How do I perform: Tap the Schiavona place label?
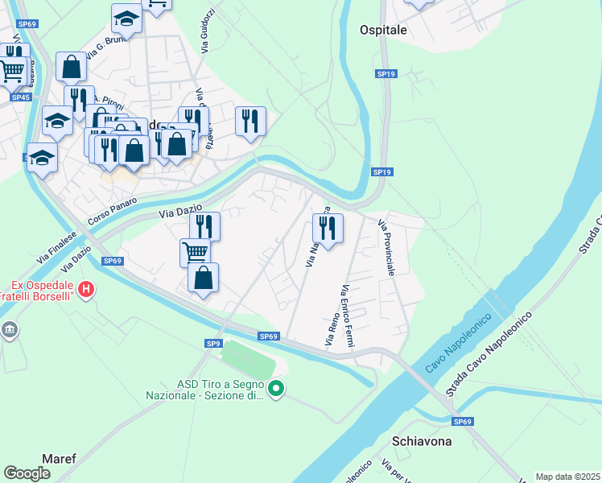point(422,441)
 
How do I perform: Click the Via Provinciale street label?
point(386,247)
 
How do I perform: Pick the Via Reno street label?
point(331,331)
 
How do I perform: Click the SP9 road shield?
point(212,344)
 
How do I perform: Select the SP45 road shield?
point(20,97)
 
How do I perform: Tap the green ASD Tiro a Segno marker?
point(276,390)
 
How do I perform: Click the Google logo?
point(27,473)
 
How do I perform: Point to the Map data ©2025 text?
point(568,477)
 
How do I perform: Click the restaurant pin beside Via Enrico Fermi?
point(328,229)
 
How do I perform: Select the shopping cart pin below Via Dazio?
point(196,253)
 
